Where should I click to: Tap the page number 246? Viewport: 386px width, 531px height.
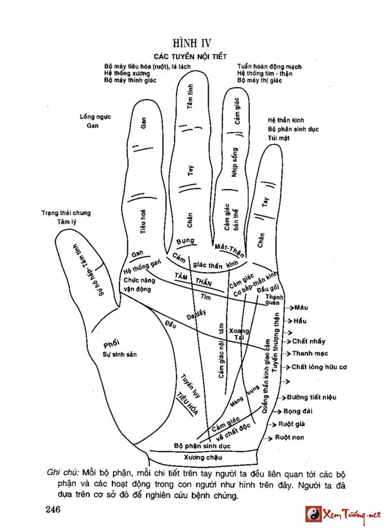click(54, 509)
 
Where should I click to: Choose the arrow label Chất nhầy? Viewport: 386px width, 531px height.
click(309, 341)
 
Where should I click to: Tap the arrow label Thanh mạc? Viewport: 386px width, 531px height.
click(310, 354)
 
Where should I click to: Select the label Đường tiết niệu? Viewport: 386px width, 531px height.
click(312, 398)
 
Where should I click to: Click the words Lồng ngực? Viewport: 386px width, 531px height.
click(96, 117)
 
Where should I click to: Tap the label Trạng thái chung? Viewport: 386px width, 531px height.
click(66, 213)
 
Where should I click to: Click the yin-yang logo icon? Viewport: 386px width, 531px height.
click(313, 514)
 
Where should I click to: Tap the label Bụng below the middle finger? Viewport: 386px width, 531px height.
click(185, 240)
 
